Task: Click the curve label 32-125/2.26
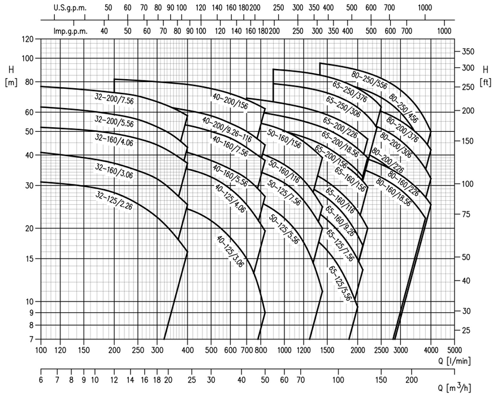(x=114, y=201)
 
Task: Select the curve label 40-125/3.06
(x=230, y=251)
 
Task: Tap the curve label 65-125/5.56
(x=341, y=282)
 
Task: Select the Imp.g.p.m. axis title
(x=71, y=31)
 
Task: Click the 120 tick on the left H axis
(x=28, y=39)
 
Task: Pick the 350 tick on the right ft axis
(x=467, y=51)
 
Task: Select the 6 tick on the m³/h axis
(x=41, y=379)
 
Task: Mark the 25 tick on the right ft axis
(x=465, y=330)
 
